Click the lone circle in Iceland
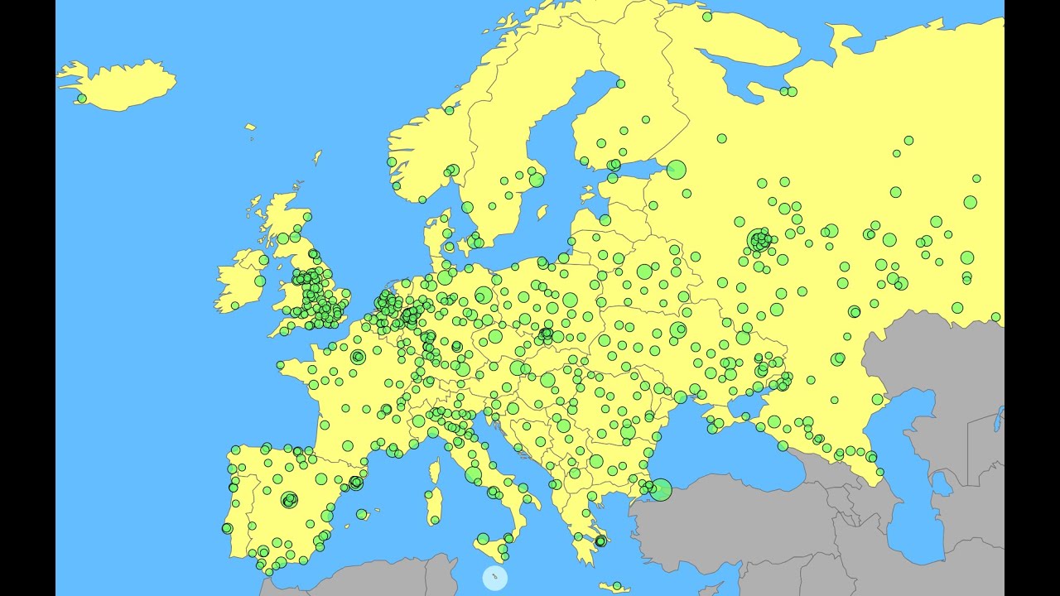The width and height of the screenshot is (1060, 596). tap(81, 99)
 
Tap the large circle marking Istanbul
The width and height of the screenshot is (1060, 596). tap(660, 490)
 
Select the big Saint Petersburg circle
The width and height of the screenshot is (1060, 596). tap(677, 170)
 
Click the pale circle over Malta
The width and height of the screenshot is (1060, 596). tap(494, 577)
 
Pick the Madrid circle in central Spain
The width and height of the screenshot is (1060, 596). tap(289, 499)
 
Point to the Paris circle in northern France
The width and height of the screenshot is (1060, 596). tap(358, 357)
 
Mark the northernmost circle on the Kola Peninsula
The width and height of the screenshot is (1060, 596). tap(707, 16)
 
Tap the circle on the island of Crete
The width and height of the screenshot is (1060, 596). tap(614, 587)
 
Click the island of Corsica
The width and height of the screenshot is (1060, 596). tap(435, 473)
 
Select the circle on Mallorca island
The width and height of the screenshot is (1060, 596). tap(361, 514)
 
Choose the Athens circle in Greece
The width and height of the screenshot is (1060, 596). tap(600, 541)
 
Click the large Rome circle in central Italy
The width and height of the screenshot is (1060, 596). tap(473, 474)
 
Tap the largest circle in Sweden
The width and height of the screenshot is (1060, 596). tap(537, 180)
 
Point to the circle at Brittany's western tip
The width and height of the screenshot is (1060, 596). tap(281, 364)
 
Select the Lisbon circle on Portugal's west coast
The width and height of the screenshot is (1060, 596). tap(227, 528)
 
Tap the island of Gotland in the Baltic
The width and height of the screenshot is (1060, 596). tap(542, 213)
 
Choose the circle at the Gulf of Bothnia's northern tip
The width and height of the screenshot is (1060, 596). tap(620, 84)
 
